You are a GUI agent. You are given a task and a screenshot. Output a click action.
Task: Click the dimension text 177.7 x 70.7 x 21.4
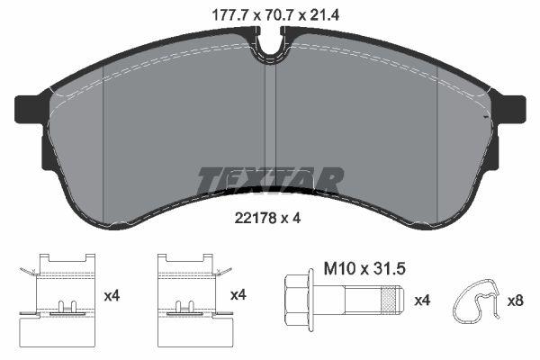[x=275, y=15]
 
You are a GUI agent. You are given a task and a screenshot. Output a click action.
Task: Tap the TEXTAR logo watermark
[x=270, y=181]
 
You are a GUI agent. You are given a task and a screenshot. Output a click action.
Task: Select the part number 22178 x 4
[x=267, y=218]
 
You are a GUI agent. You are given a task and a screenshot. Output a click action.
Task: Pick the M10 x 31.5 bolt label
[x=364, y=269]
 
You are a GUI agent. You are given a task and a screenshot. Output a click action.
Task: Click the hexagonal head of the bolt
[x=296, y=300]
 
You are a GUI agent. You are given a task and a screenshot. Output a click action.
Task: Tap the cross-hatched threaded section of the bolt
[x=389, y=300]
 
